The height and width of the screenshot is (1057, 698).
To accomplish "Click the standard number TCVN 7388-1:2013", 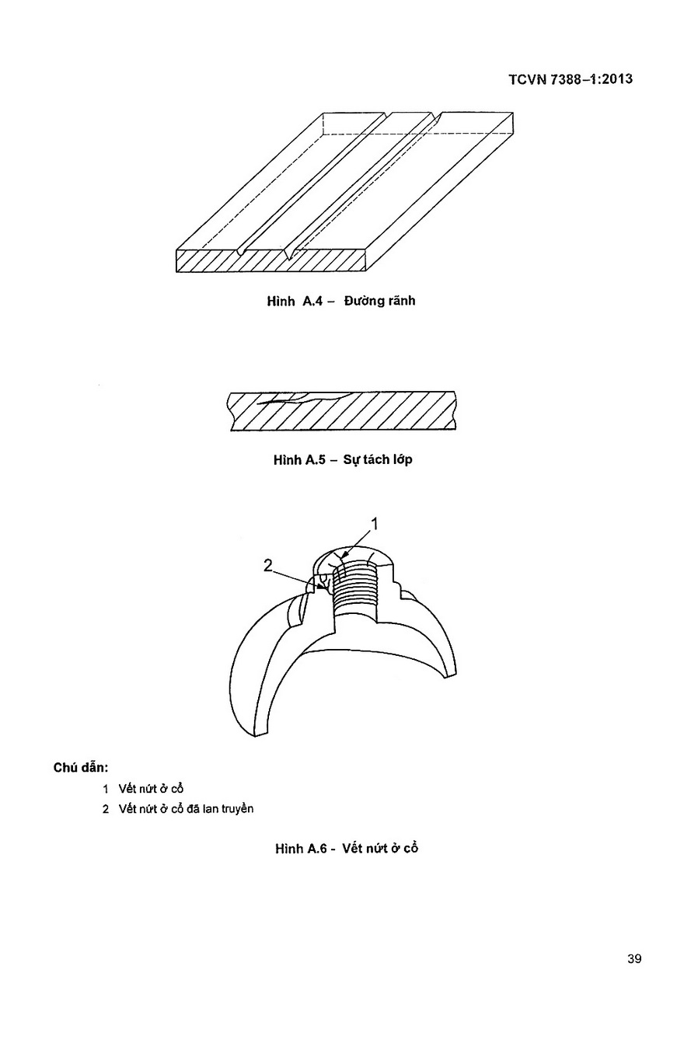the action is [x=571, y=79].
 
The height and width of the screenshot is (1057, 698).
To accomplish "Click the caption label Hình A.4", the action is [x=295, y=301].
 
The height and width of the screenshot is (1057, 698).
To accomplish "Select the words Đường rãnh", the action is [x=379, y=301].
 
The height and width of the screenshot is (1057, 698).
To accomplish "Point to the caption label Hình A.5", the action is [x=300, y=459].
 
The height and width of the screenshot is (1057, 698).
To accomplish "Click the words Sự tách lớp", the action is [x=378, y=459].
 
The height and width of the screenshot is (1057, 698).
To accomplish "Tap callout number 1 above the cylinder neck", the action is [x=374, y=524].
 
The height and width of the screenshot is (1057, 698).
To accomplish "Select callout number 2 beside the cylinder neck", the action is [x=268, y=565].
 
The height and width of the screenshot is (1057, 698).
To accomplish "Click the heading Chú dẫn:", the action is [x=81, y=768].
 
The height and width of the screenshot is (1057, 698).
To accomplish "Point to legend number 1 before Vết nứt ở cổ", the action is [x=106, y=789].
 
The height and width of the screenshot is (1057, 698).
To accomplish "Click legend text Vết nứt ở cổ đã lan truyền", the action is [x=186, y=809].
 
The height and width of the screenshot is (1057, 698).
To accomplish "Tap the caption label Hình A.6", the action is [x=301, y=849].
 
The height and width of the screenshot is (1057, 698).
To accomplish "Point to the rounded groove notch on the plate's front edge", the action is [x=241, y=252].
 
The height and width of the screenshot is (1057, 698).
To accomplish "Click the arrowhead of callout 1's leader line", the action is [x=345, y=556].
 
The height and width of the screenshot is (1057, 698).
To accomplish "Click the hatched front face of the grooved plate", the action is [x=271, y=261].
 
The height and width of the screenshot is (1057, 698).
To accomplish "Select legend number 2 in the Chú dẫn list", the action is [x=106, y=809].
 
